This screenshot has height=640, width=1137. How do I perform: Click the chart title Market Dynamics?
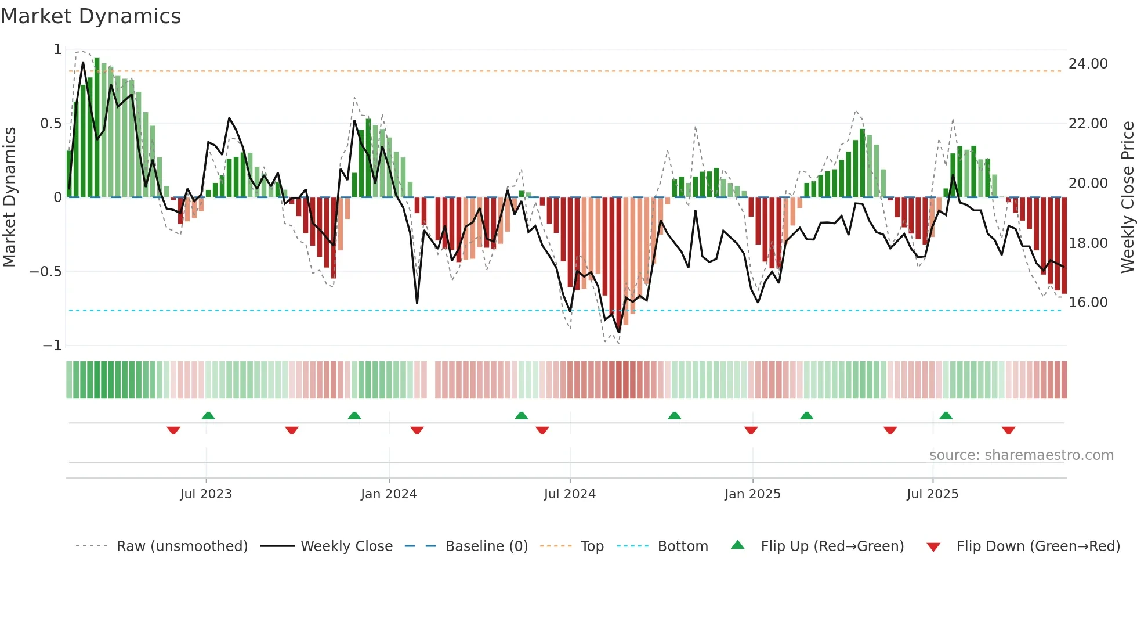point(90,16)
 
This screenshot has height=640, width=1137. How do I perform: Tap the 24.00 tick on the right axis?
point(1088,64)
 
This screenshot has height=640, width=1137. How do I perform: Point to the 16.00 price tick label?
point(1088,303)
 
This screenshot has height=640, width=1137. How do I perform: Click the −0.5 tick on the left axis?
point(45,272)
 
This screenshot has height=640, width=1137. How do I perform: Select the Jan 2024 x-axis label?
point(389,494)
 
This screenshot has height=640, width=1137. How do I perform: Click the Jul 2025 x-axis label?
point(932,494)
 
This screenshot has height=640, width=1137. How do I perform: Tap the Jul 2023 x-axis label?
point(206,494)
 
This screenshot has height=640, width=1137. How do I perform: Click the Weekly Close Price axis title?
point(1127,197)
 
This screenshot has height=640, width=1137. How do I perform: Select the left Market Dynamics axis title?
point(9,197)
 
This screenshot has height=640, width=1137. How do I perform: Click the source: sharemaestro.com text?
point(1021,455)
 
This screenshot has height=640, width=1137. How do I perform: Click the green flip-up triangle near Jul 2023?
point(208,415)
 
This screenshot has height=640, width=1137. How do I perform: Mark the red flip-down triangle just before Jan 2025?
point(751,430)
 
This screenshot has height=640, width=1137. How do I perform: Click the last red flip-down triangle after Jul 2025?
point(1008,430)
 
